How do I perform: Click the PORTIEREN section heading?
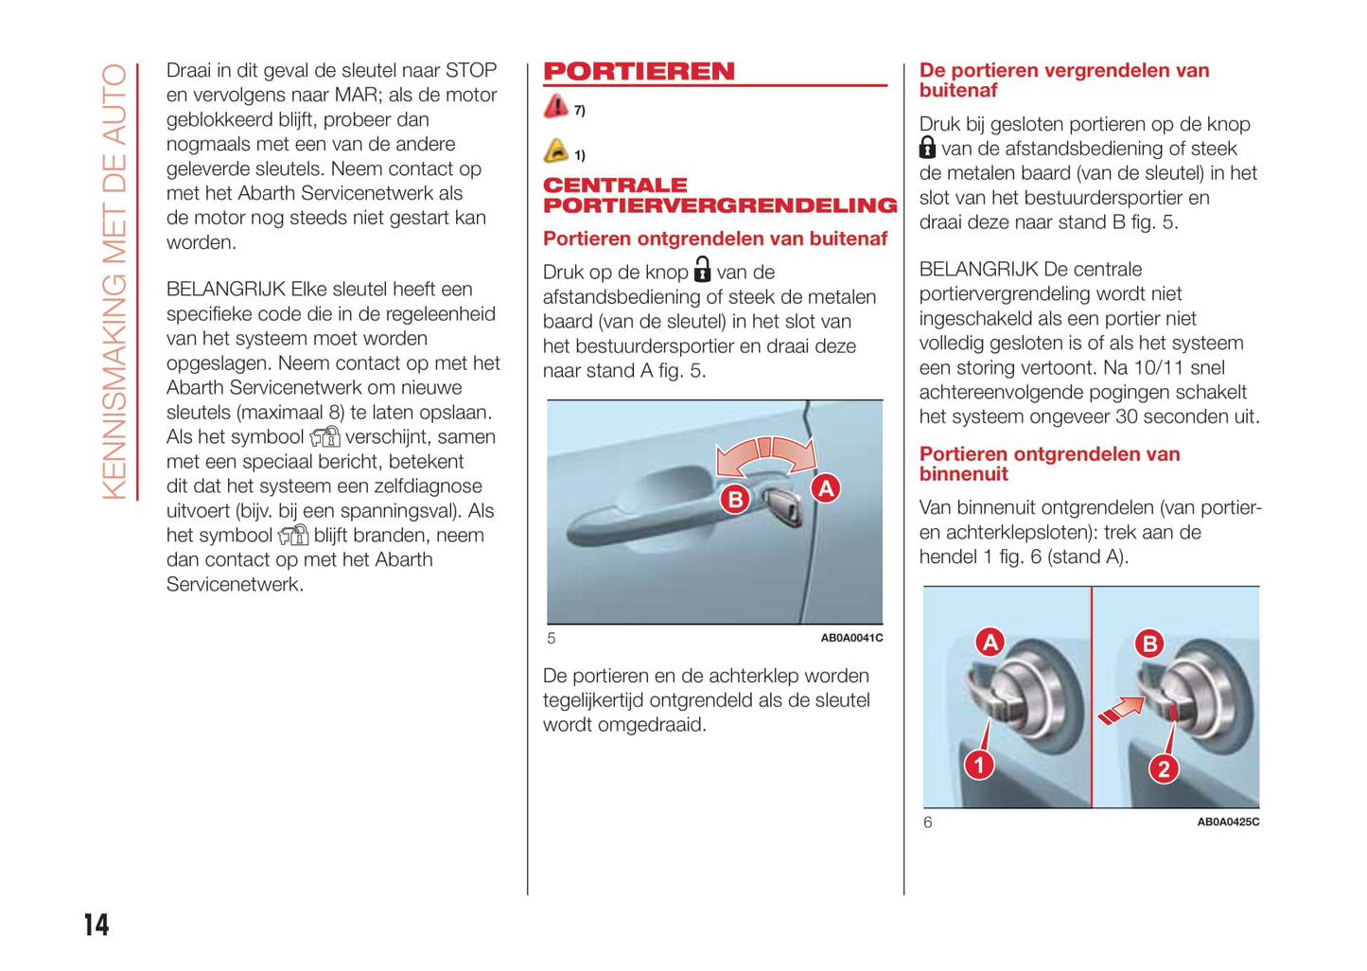point(639,72)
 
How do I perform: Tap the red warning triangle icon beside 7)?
point(556,107)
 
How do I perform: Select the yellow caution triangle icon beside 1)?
point(556,151)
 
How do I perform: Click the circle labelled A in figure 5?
point(826,488)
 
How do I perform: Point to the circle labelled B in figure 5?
point(734,499)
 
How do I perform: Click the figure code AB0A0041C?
point(851,638)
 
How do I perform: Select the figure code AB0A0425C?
point(1228,822)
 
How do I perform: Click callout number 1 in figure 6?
point(979,765)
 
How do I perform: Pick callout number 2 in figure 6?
point(1164,768)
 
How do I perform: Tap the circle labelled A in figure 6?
point(990,643)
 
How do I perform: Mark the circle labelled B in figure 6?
point(1149,644)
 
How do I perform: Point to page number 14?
point(96,925)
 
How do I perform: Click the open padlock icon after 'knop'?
point(702,270)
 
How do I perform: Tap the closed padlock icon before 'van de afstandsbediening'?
point(928,148)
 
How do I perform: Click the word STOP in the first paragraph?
point(470,71)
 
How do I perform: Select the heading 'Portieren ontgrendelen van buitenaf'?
point(714,238)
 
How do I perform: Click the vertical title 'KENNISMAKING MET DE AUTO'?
point(114,281)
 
